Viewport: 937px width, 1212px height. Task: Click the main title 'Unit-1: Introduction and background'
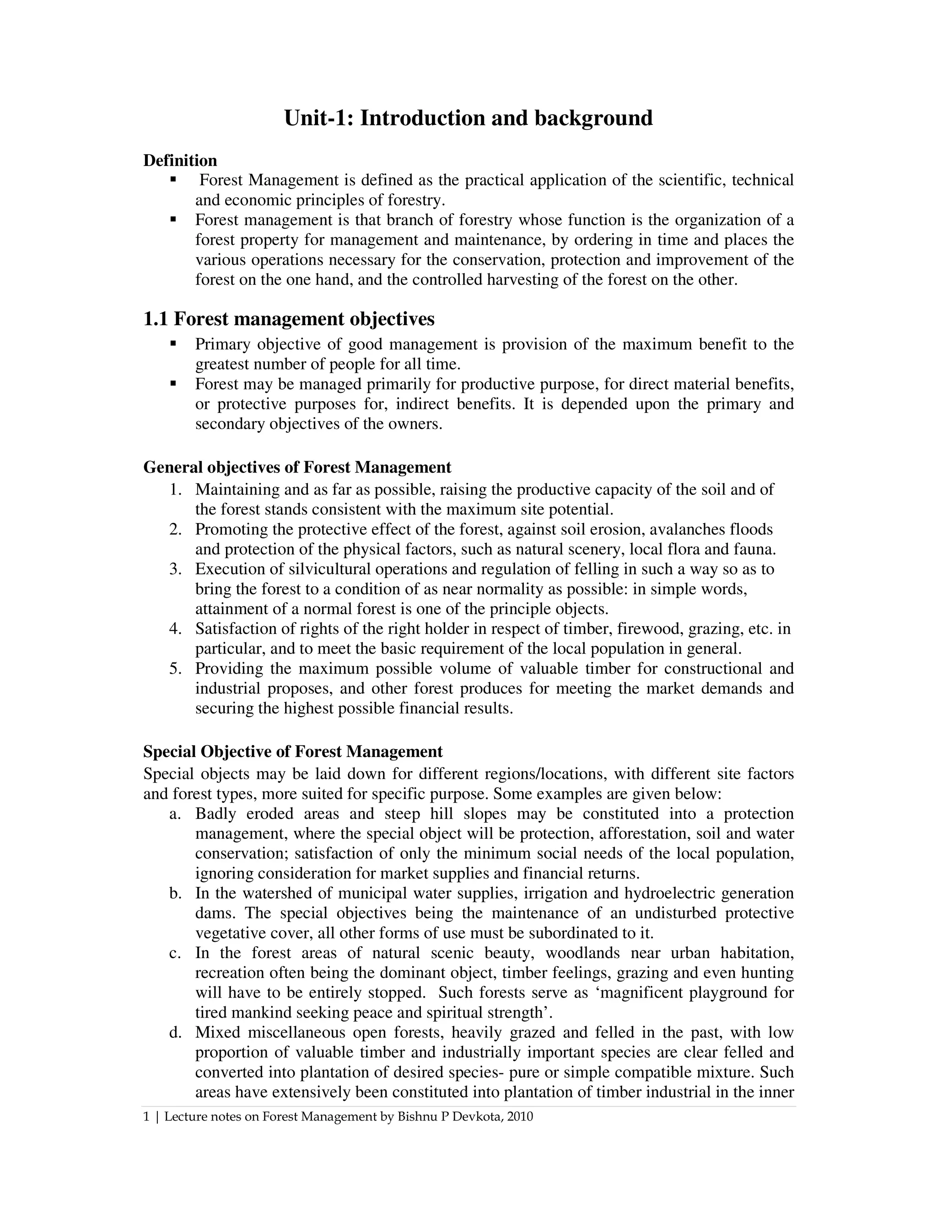468,118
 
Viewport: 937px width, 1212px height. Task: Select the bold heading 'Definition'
180,161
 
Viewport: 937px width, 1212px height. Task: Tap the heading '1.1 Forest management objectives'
289,319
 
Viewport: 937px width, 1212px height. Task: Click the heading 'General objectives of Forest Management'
297,467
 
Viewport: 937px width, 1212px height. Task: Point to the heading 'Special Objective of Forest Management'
292,751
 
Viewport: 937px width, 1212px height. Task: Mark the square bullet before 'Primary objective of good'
173,343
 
